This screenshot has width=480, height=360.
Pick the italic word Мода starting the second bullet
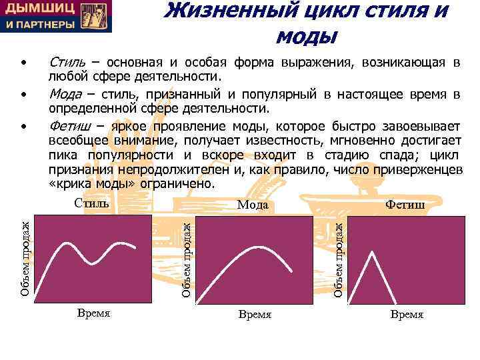66,95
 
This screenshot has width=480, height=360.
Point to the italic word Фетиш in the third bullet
68,127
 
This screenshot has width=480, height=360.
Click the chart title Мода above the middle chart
253,205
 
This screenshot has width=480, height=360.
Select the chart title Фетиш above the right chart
405,205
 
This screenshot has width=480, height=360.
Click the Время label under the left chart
93,313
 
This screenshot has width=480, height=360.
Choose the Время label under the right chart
407,314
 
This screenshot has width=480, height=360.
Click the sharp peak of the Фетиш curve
370,252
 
